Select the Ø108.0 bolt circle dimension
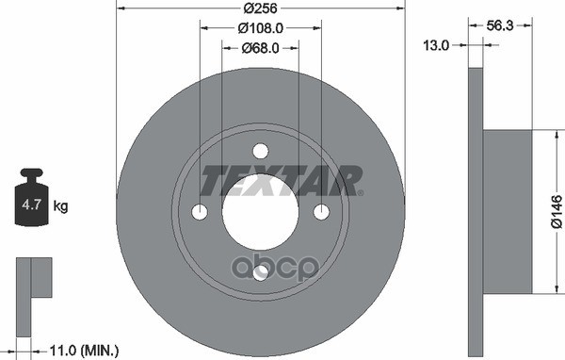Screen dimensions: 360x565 [260, 30]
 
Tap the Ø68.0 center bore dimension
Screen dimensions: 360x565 [260, 49]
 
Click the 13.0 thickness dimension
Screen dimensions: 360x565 [437, 44]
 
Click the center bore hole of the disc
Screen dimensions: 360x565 [260, 210]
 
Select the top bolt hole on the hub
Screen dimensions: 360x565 [260, 151]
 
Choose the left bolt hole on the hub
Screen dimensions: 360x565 [201, 211]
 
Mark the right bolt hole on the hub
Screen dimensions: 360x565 [320, 211]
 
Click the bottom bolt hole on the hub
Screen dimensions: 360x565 [260, 271]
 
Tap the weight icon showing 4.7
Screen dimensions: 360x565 [33, 199]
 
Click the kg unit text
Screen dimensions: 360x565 [60, 205]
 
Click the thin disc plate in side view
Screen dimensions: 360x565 [475, 211]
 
